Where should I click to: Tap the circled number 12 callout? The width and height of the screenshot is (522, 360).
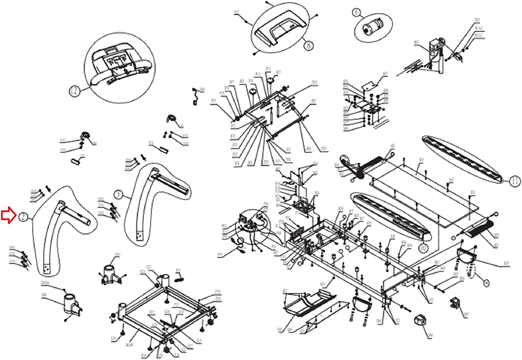(74, 91)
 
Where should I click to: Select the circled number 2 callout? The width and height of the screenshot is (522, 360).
(23, 217)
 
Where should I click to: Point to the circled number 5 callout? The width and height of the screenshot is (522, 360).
(119, 194)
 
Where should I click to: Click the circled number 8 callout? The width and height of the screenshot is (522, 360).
(309, 45)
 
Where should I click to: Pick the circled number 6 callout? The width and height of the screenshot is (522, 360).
(356, 13)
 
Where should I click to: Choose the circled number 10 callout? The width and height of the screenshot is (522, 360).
(423, 248)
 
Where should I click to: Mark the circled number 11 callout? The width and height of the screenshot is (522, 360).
(515, 181)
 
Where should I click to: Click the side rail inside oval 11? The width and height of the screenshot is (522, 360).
(463, 158)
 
